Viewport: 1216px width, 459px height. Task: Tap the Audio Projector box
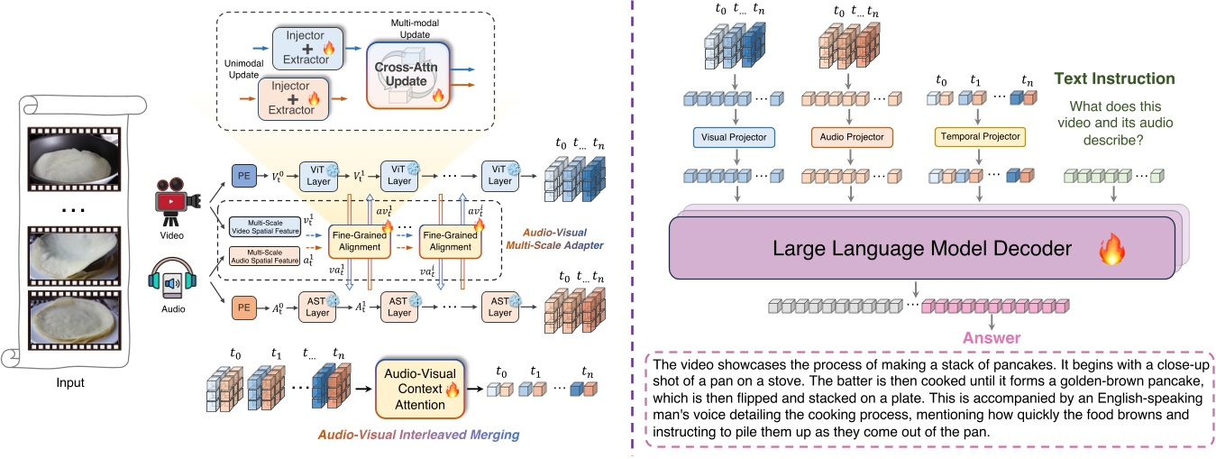coord(850,137)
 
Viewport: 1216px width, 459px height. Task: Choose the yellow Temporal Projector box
coord(979,137)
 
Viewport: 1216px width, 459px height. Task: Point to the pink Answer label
coord(992,339)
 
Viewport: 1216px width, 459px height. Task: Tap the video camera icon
coord(171,197)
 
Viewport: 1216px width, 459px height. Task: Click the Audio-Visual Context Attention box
coord(419,390)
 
